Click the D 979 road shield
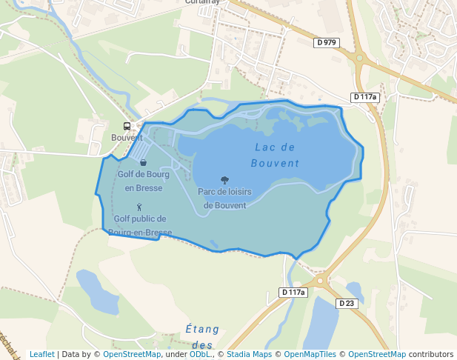(x=326, y=42)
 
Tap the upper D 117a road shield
(x=364, y=97)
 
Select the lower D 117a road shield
(x=293, y=293)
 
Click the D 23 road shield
(x=346, y=304)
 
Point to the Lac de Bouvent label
(x=275, y=156)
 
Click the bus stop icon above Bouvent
(x=127, y=127)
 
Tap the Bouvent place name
(x=127, y=138)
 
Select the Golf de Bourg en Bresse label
(x=143, y=181)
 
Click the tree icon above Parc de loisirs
(x=224, y=180)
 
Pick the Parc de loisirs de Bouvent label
(x=224, y=199)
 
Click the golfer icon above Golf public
(x=139, y=207)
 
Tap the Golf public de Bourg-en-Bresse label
(x=140, y=225)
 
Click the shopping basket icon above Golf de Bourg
(x=143, y=162)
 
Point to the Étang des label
(x=202, y=336)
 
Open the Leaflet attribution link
(x=41, y=354)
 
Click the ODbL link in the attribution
(x=200, y=354)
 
